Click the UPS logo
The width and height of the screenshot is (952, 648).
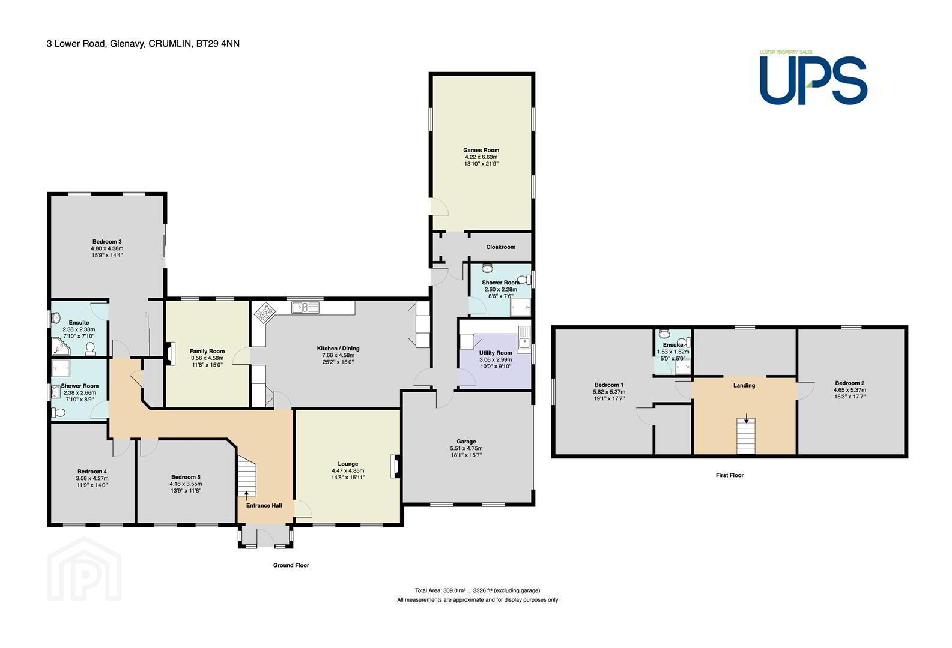(813, 79)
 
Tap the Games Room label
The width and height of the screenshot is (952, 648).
(481, 150)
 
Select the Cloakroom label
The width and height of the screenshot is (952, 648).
(501, 247)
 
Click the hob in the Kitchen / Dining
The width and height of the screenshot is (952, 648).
(265, 313)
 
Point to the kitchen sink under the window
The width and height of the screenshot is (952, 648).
(305, 307)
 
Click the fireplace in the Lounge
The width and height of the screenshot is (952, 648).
(395, 467)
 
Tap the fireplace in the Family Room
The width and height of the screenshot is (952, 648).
(170, 354)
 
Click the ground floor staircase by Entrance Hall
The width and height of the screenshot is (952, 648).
(246, 476)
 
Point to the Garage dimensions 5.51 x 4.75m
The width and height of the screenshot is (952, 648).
(466, 448)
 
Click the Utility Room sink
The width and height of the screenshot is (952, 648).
(524, 338)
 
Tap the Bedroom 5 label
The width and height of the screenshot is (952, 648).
(186, 477)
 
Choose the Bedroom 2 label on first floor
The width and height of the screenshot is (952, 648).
(849, 383)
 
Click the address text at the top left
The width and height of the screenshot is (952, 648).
(143, 43)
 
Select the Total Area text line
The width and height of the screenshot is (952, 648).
(478, 590)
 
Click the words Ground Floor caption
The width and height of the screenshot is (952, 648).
(291, 565)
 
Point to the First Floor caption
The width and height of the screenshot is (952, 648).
(729, 475)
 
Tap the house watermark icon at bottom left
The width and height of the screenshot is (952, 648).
(85, 569)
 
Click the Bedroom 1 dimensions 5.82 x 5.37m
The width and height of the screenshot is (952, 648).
(609, 392)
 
